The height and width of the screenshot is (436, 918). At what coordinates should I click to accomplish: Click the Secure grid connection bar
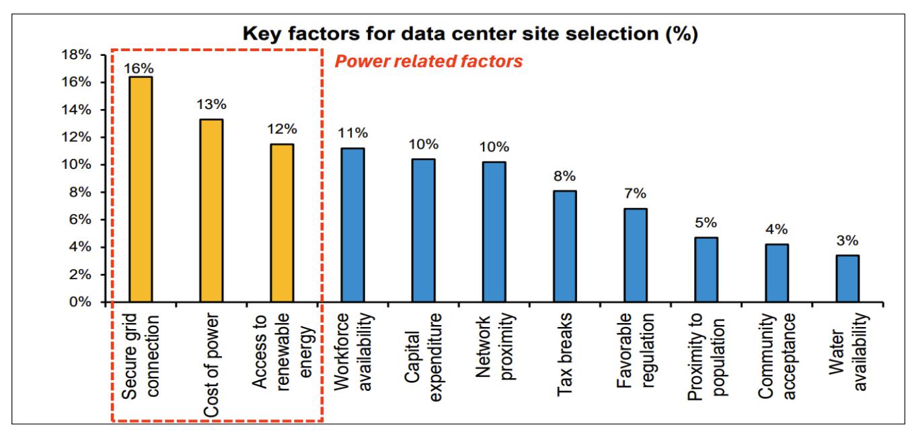pyautogui.click(x=141, y=190)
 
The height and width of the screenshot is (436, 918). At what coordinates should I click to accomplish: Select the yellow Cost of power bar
pyautogui.click(x=211, y=211)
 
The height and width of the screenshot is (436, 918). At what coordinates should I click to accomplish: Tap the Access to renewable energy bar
pyautogui.click(x=282, y=223)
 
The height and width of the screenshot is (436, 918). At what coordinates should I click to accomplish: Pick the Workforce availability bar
pyautogui.click(x=352, y=225)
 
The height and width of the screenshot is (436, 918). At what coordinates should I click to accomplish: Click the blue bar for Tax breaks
pyautogui.click(x=564, y=247)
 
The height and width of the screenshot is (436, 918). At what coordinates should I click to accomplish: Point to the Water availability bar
pyautogui.click(x=847, y=279)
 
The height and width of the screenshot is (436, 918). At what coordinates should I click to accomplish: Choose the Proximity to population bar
pyautogui.click(x=705, y=270)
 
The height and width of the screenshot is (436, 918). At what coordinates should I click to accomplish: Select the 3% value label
pyautogui.click(x=847, y=241)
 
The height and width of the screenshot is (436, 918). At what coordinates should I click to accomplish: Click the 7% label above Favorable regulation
pyautogui.click(x=635, y=194)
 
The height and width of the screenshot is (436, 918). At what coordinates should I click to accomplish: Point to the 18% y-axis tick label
pyautogui.click(x=76, y=55)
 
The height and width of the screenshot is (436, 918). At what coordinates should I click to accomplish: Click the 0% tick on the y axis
pyautogui.click(x=80, y=303)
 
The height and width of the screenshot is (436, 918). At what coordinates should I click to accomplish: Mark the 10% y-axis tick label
pyautogui.click(x=76, y=165)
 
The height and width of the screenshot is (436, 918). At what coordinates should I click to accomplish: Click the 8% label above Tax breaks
pyautogui.click(x=564, y=176)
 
